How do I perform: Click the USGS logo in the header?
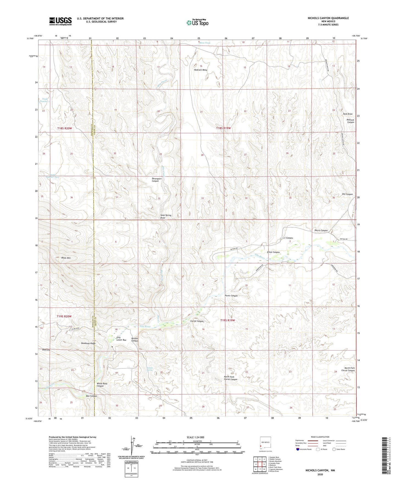coord(60,21)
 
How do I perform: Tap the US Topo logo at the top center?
coord(197,23)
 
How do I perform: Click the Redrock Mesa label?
coord(201,70)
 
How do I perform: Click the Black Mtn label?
coord(66,258)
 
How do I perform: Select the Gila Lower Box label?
coord(121,339)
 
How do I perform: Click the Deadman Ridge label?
coord(88,343)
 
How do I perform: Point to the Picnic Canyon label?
coord(231,296)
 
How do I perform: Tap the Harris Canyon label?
coord(321,230)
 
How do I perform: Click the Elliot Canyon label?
coord(273,252)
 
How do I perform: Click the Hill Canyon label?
coord(347,194)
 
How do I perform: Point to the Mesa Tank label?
coord(205,43)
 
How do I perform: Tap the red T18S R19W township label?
coord(223,128)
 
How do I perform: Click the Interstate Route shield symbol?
coord(298,449)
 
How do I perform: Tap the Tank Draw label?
coord(348,114)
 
